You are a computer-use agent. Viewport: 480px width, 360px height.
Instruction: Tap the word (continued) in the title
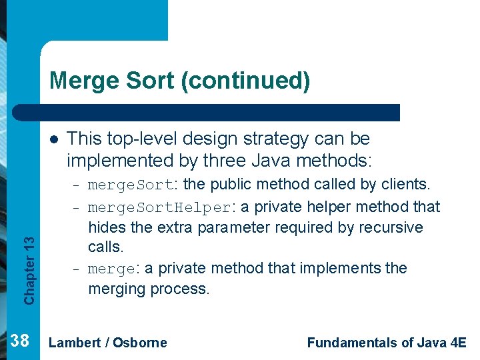245,81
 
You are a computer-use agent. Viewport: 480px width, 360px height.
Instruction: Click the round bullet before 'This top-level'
53,139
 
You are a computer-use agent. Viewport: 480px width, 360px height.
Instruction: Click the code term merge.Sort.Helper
159,208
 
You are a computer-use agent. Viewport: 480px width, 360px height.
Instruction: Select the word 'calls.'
106,247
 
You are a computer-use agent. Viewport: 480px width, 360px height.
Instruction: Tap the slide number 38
21,341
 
